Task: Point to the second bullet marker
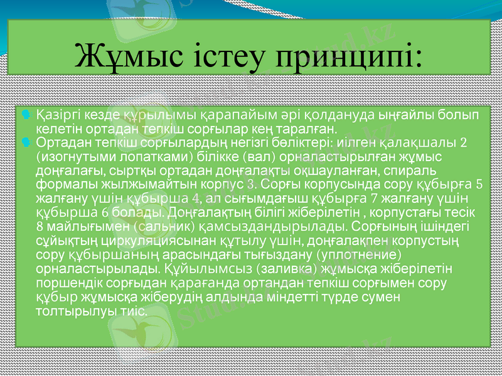point(26,142)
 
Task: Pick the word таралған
point(310,129)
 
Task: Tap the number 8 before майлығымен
point(40,227)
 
